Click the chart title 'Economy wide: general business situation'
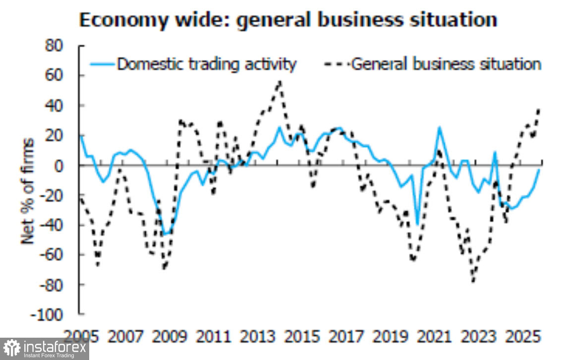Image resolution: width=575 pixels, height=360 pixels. point(288,20)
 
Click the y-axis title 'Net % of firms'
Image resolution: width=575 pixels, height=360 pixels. point(27,191)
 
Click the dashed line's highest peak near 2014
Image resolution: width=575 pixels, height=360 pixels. point(280,81)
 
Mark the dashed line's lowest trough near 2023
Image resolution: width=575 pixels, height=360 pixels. point(473,281)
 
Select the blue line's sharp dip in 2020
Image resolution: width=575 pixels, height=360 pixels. point(417,225)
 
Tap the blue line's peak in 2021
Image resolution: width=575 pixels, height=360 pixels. point(439,127)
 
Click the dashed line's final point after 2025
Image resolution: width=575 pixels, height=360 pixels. point(539,109)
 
